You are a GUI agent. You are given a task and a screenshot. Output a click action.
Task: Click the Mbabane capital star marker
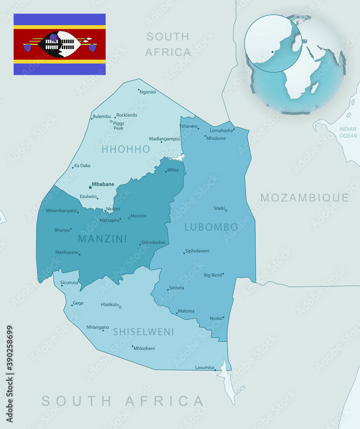tap(90, 187)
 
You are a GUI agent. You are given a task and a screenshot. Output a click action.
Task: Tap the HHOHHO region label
tap(126, 149)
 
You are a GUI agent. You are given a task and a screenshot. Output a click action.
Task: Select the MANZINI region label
tap(103, 239)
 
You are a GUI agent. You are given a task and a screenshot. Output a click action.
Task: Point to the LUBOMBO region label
tap(211, 227)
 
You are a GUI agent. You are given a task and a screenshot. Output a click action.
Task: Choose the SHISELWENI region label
tap(144, 332)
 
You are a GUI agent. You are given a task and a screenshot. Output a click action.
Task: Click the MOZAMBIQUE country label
tap(305, 198)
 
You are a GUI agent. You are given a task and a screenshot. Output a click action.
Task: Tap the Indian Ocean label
tap(348, 132)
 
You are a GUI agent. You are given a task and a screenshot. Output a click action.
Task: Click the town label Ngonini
tap(148, 92)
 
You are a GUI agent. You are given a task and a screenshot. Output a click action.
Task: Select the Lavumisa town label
tap(204, 368)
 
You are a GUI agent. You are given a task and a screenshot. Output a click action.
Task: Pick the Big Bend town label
tap(213, 275)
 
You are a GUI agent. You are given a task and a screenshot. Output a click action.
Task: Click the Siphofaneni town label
tap(197, 251)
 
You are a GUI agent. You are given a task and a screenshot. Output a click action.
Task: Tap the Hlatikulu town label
tap(109, 304)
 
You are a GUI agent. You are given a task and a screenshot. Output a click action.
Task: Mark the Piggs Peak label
tap(118, 126)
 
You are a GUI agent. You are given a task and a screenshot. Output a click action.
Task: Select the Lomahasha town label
tap(221, 130)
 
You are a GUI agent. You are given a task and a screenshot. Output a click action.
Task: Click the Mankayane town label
tap(67, 252)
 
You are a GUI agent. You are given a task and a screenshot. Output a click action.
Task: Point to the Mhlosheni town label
tap(145, 348)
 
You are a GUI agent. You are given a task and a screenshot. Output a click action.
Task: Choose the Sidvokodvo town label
tap(153, 242)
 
